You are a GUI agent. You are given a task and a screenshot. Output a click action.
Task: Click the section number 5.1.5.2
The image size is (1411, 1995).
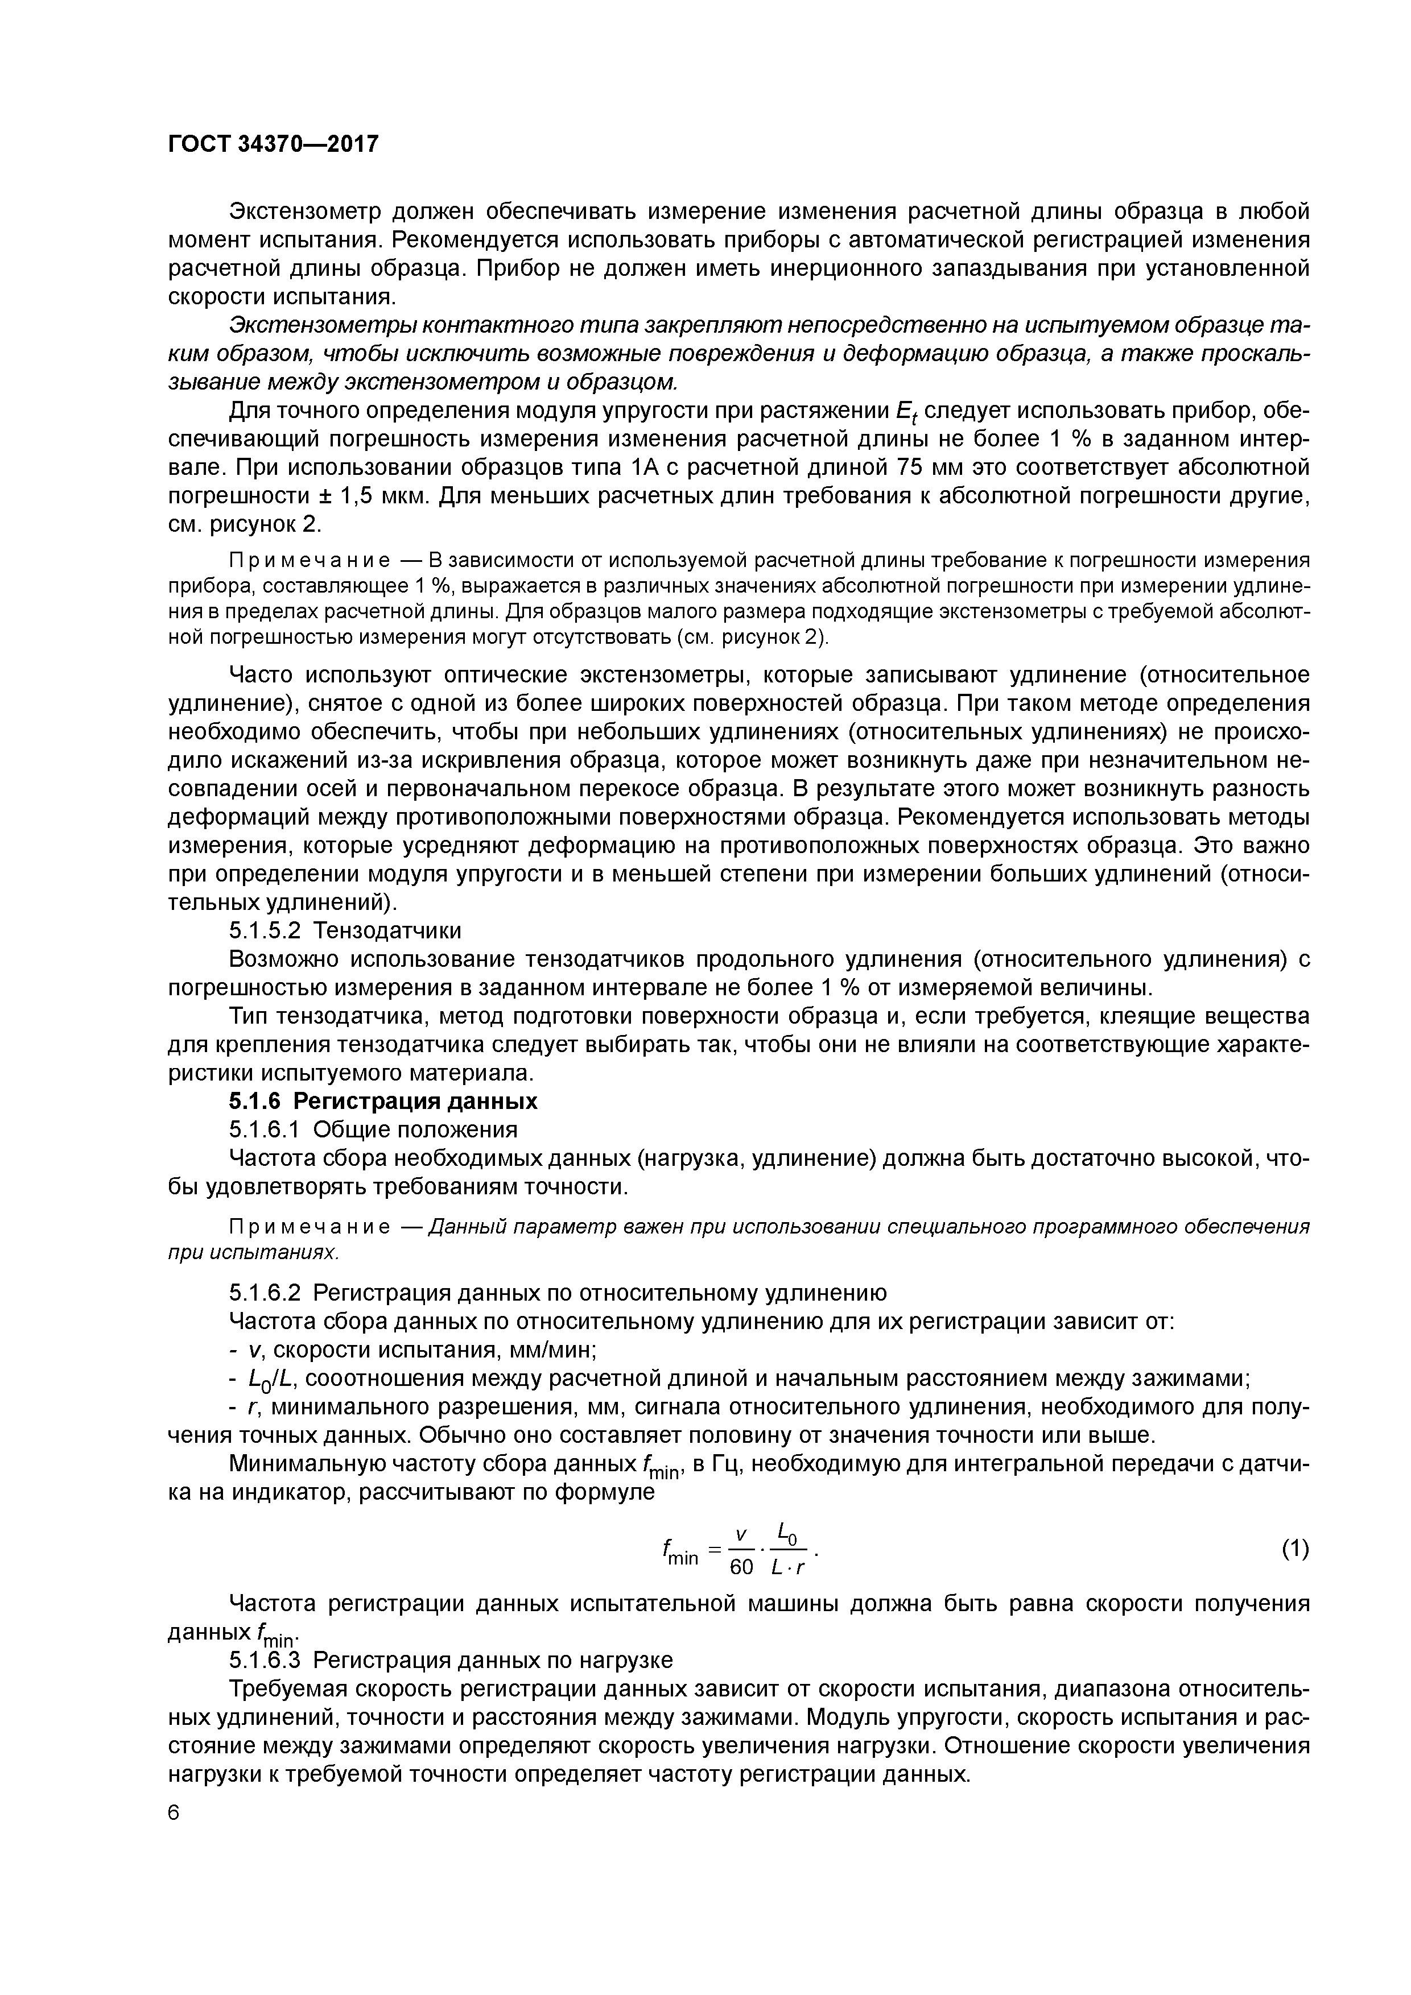coord(265,930)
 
